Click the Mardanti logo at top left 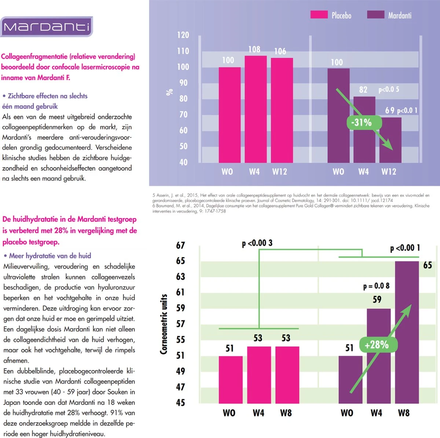[x=46, y=27]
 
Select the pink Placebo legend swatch [x=319, y=15]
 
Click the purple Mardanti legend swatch [x=375, y=15]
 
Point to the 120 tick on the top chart [x=183, y=35]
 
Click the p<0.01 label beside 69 [x=407, y=111]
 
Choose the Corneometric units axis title [x=164, y=324]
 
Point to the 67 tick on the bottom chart [x=180, y=245]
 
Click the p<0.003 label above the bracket [x=257, y=243]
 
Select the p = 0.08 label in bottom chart [x=376, y=286]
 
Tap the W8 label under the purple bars [x=404, y=413]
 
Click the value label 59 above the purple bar [x=377, y=300]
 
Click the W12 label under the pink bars [x=279, y=172]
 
